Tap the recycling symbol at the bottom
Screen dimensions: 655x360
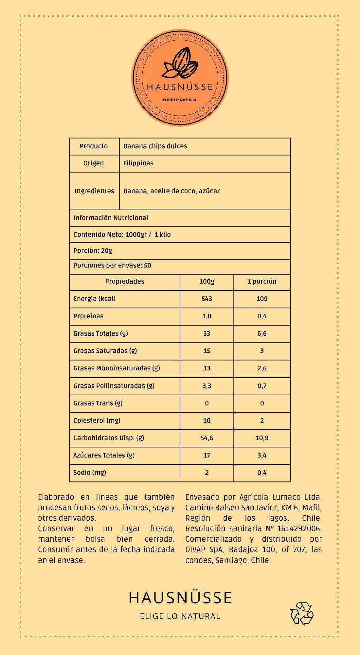pos(302,613)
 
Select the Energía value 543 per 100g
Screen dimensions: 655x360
pos(207,299)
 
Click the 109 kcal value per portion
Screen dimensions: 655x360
pos(262,299)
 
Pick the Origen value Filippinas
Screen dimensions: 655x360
pos(138,163)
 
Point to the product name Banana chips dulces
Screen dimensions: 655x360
pos(155,146)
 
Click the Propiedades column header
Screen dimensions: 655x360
pos(124,281)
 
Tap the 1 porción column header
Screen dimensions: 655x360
pos(262,281)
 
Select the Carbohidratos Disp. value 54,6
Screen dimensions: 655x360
pos(207,438)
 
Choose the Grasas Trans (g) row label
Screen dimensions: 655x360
pos(98,403)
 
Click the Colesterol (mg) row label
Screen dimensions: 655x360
pos(97,421)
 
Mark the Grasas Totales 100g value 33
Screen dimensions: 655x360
pos(207,333)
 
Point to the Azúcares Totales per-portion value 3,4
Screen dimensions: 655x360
pos(262,455)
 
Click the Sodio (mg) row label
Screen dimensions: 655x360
pos(90,473)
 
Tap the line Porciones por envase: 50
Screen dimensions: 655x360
pos(112,265)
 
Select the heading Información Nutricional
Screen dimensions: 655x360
pos(111,218)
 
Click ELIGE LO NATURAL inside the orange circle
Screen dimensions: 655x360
pos(180,100)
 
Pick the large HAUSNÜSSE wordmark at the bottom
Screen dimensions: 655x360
pos(180,597)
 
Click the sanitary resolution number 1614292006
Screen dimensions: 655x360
pos(299,529)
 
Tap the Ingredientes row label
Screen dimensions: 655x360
pos(94,191)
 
